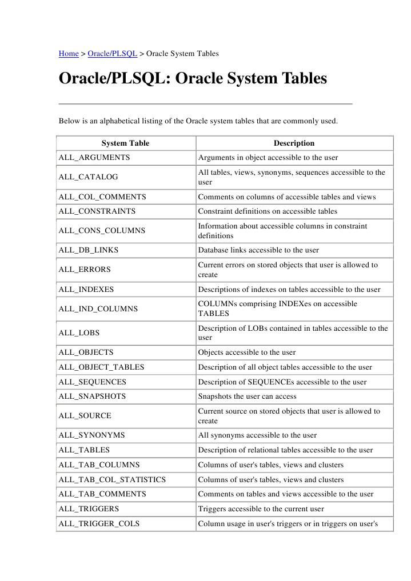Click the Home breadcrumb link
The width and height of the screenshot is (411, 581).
click(69, 54)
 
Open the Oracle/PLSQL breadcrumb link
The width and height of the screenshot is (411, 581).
click(112, 54)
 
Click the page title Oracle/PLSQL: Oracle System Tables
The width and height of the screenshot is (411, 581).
click(193, 78)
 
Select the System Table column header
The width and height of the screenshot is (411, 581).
click(125, 143)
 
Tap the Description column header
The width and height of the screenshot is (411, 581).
click(294, 143)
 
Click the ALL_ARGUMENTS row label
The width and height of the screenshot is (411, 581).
click(94, 157)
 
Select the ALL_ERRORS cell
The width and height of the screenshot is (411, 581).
click(85, 270)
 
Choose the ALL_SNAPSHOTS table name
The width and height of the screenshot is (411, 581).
click(92, 396)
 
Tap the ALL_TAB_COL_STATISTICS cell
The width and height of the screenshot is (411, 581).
click(112, 480)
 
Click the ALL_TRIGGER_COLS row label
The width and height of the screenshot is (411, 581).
click(99, 524)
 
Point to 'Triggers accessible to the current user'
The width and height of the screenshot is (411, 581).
click(261, 509)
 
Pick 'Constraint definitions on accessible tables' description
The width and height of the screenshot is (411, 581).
click(268, 211)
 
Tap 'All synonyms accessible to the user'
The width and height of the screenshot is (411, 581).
click(257, 435)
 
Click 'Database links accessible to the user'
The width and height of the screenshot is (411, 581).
click(258, 250)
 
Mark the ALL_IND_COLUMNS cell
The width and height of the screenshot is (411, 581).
click(98, 308)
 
